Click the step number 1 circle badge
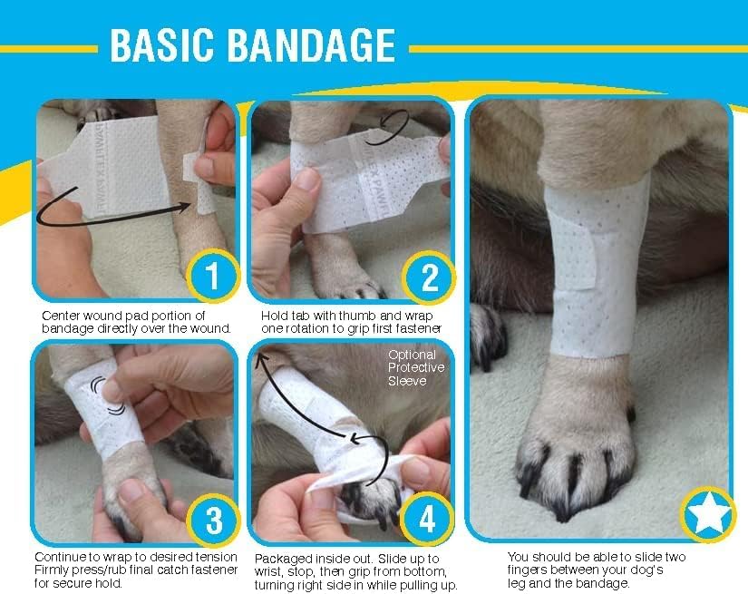pyautogui.click(x=212, y=277)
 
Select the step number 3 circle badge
pyautogui.click(x=212, y=521)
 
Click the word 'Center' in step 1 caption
pyautogui.click(x=63, y=315)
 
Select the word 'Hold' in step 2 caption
pyautogui.click(x=271, y=315)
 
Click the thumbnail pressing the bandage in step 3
pyautogui.click(x=112, y=390)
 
